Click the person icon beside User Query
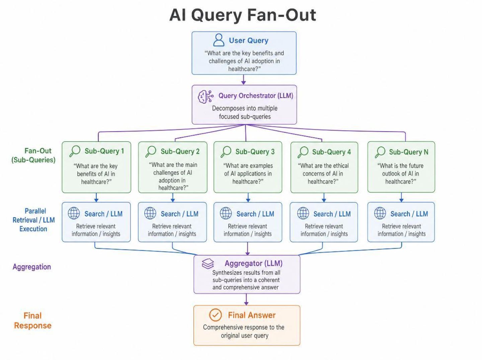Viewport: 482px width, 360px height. point(219,40)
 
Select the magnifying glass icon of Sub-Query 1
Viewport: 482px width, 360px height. point(75,151)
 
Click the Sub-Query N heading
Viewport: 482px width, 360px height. point(408,152)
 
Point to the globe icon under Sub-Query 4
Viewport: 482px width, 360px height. point(303,213)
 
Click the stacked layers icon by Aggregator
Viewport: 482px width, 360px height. point(208,263)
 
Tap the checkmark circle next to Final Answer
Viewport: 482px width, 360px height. point(215,315)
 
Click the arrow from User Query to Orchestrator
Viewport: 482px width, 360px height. point(243,80)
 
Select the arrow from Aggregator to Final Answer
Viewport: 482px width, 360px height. point(246,299)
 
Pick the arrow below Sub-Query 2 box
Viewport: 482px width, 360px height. point(173,197)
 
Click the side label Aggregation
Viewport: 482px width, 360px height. point(32,267)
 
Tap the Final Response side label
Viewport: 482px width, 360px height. point(33,321)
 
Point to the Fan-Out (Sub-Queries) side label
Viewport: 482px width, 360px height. point(33,155)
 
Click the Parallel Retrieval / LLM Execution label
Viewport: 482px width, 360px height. point(33,220)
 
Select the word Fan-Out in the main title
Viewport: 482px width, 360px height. point(282,15)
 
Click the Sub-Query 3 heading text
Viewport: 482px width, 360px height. point(255,152)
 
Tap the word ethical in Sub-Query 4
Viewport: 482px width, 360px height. point(339,166)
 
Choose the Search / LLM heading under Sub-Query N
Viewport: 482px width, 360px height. point(409,214)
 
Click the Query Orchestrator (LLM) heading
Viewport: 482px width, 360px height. point(256,96)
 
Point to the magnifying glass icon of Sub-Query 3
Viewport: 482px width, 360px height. point(226,152)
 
